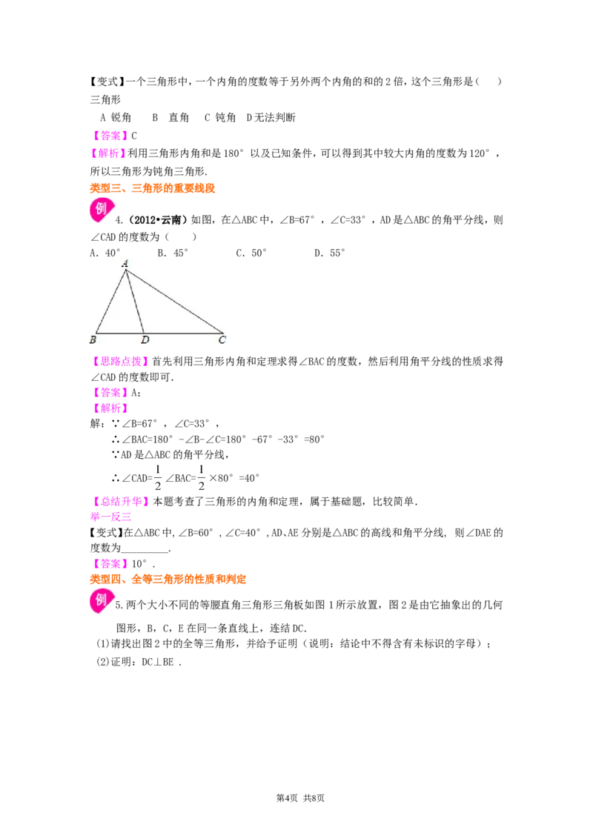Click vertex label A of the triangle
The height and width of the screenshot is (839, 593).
click(125, 263)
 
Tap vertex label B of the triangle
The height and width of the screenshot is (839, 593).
click(93, 339)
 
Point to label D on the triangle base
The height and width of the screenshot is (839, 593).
click(145, 339)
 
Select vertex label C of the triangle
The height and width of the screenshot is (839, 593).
click(222, 339)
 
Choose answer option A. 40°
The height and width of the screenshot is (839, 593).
click(105, 253)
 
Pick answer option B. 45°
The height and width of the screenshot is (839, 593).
click(173, 253)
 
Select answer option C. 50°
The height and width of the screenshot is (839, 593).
click(251, 253)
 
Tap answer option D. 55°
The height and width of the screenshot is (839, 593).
click(330, 253)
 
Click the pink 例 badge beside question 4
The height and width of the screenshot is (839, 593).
click(102, 209)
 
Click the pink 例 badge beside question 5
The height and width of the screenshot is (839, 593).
click(102, 600)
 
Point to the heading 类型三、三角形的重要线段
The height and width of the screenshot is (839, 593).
click(153, 188)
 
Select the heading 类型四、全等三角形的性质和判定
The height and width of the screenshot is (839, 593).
click(168, 579)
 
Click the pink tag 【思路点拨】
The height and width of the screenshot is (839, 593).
click(120, 362)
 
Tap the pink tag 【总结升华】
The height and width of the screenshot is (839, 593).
click(120, 501)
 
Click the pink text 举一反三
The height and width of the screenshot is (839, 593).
click(110, 517)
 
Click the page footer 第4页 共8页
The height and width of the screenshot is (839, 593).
click(300, 798)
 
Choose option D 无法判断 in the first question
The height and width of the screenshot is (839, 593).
click(271, 118)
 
